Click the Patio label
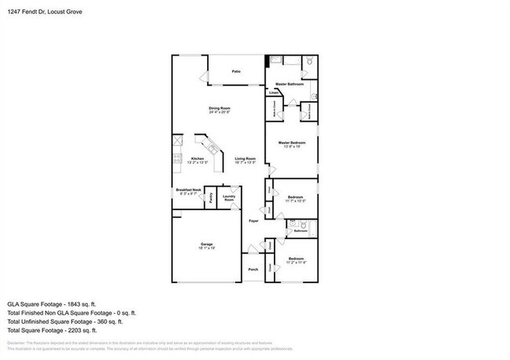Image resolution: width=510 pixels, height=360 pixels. pos(236,71)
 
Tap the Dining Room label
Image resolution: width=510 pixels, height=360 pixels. pos(219,107)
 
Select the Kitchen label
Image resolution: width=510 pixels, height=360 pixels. pos(198,158)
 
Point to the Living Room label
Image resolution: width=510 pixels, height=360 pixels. pos(246,158)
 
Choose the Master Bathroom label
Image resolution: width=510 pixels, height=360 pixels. pos(290,84)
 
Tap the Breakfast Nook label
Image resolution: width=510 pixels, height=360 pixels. pos(189,190)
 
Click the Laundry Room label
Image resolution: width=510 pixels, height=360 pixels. pos(229,198)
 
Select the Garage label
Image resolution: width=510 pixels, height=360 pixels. pos(206,244)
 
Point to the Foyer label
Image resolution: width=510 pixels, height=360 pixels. pos(253,221)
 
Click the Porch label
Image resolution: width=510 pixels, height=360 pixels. pos(253,269)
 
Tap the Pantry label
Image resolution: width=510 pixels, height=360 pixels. pos(212,198)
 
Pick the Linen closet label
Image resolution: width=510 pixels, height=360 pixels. pos(274,93)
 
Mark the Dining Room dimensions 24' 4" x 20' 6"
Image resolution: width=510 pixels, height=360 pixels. pos(219,112)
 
